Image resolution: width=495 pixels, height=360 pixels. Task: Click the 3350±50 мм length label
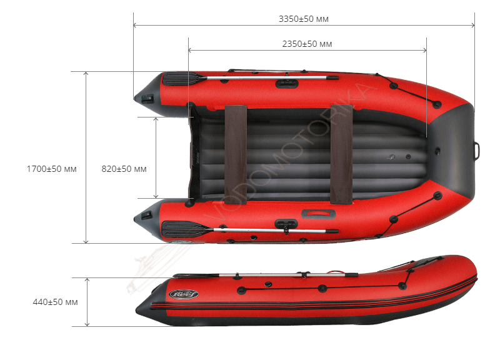(303, 19)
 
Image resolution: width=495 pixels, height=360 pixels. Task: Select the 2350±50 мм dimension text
(307, 44)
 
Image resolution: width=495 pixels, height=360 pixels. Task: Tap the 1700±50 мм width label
(51, 169)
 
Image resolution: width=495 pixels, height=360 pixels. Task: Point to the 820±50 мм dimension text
(124, 169)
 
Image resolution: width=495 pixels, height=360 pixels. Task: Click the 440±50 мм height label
(55, 302)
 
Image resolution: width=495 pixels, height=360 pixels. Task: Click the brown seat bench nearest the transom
(236, 155)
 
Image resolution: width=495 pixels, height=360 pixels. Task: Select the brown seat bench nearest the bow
(341, 154)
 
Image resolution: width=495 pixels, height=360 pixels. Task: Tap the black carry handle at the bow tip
(477, 151)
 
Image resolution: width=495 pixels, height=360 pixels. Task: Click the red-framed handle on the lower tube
(318, 214)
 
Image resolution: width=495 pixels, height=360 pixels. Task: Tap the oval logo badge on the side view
(183, 294)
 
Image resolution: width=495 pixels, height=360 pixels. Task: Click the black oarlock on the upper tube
(287, 84)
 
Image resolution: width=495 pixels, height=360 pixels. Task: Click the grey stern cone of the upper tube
(149, 95)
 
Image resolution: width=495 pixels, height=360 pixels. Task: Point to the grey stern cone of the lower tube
(147, 219)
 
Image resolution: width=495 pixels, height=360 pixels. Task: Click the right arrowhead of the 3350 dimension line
(472, 25)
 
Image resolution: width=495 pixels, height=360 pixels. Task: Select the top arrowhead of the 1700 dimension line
(86, 74)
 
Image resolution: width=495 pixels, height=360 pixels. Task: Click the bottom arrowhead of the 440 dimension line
(87, 324)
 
